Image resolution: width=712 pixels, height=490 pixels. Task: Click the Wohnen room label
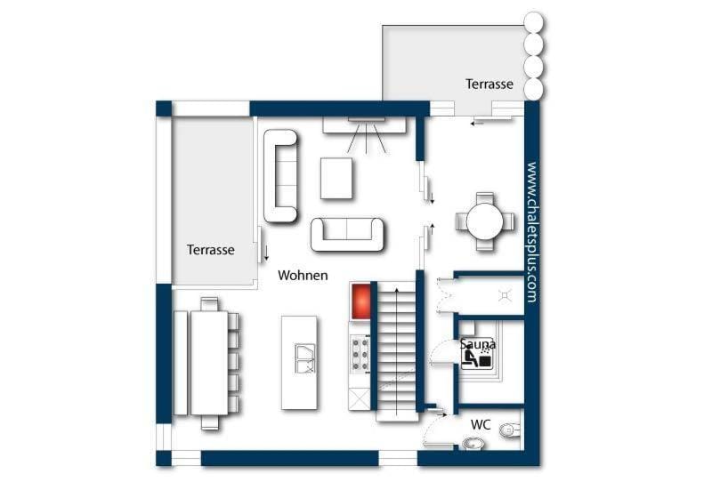(x=303, y=275)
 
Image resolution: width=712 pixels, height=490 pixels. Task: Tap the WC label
(x=481, y=425)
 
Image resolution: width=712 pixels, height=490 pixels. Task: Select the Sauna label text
(x=478, y=343)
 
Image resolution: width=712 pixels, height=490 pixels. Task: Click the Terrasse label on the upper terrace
(x=489, y=84)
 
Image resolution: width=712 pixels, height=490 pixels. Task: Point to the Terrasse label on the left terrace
(x=211, y=250)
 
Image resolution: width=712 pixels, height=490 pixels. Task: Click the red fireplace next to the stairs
(x=361, y=301)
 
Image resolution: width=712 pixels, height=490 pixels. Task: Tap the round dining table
(x=485, y=221)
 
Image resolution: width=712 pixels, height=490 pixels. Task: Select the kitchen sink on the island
(x=304, y=358)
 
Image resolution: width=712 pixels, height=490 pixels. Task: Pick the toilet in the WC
(x=511, y=430)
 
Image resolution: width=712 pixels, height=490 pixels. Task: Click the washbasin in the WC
(x=473, y=443)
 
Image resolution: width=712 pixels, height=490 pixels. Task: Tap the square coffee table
(x=336, y=179)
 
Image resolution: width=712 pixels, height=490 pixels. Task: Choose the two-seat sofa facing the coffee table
(x=347, y=234)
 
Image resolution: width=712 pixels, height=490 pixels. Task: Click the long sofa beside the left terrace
(x=280, y=176)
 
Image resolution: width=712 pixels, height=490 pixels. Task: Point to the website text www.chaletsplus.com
(x=531, y=232)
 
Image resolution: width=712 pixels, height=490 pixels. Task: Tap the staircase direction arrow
(x=397, y=351)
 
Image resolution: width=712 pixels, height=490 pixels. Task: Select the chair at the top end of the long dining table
(x=209, y=304)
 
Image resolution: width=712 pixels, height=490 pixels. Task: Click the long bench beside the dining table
(x=181, y=363)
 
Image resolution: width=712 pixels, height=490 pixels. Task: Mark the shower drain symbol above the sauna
(x=505, y=296)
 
